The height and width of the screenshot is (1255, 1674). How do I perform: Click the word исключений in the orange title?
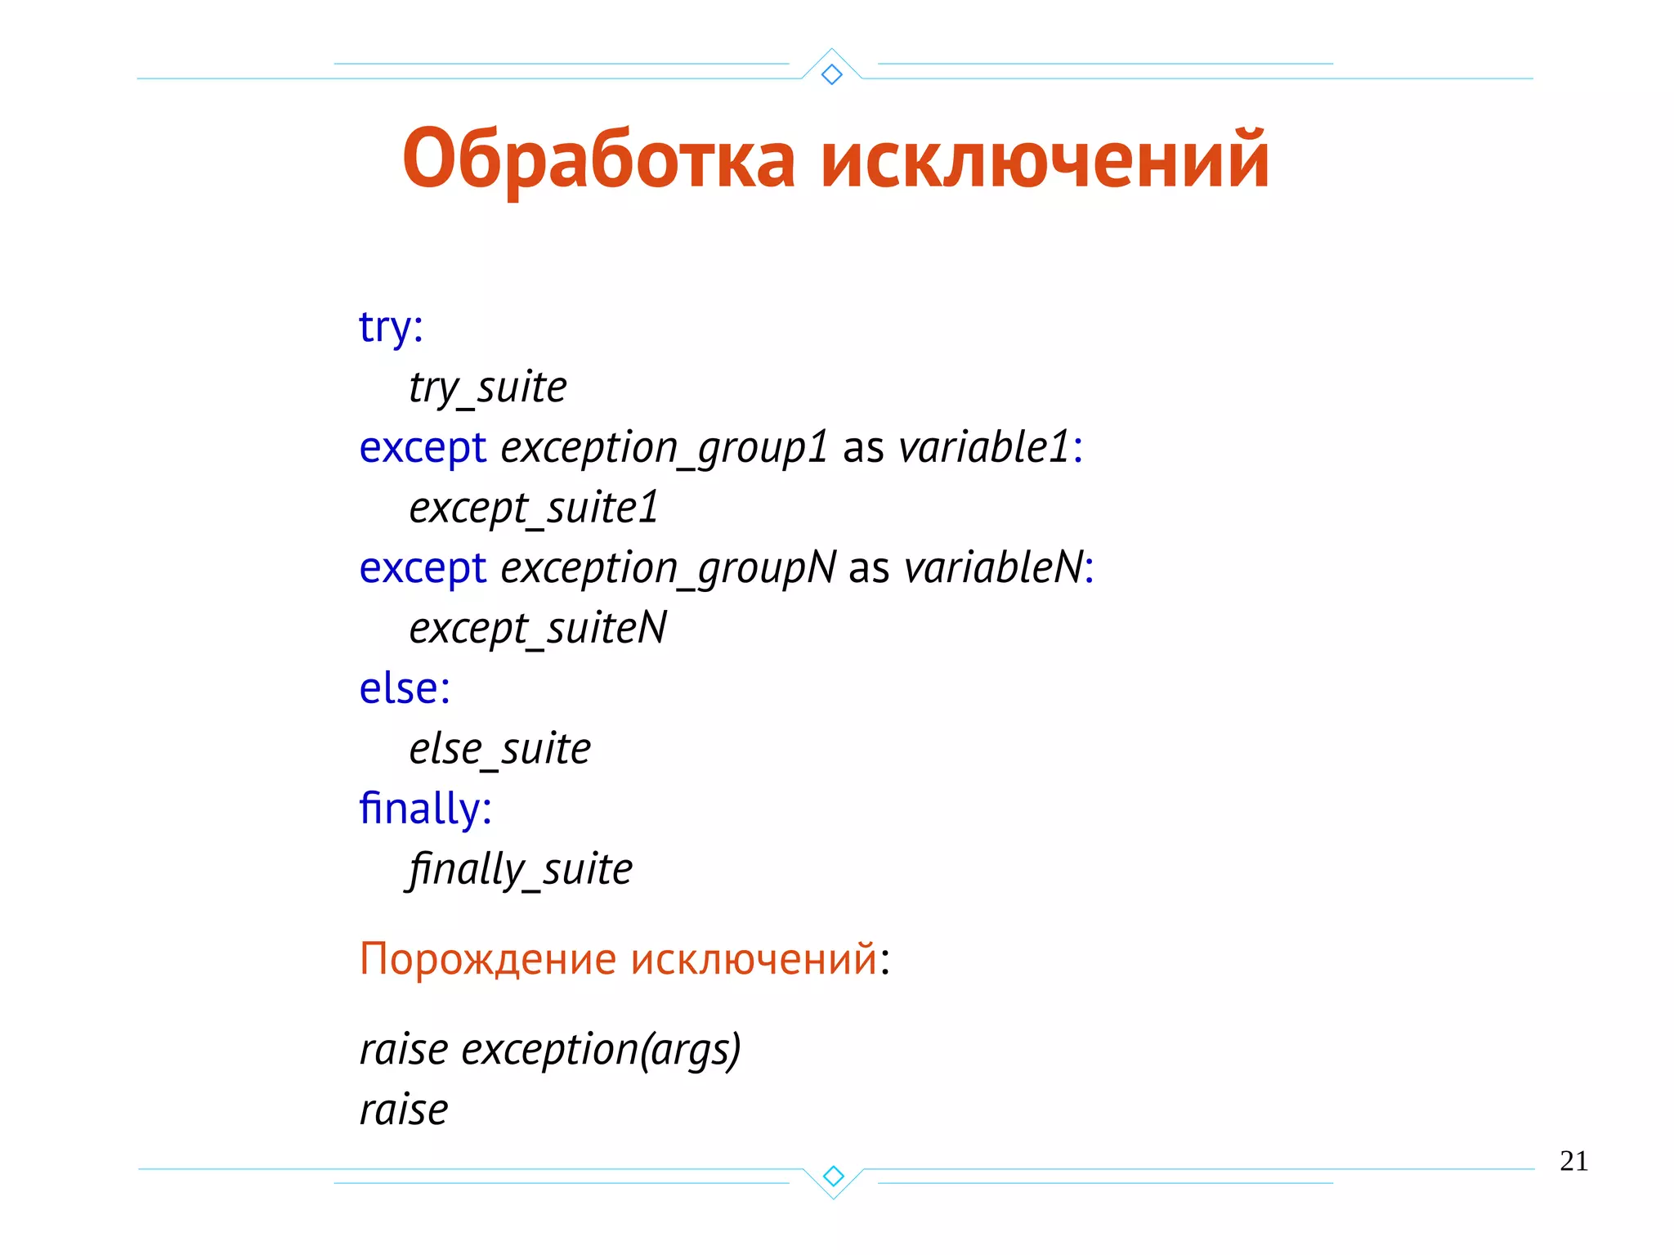[x=1044, y=159]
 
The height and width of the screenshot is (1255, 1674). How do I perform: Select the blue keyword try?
[x=391, y=327]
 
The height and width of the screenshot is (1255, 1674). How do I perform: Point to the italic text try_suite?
[x=487, y=388]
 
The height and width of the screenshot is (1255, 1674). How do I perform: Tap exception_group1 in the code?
[x=665, y=448]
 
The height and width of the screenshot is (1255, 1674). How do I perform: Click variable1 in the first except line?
[x=984, y=447]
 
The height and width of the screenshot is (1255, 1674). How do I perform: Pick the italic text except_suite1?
[x=533, y=509]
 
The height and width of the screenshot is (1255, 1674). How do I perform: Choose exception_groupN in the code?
[x=668, y=568]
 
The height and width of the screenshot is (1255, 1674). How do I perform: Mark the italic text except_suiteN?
[x=537, y=629]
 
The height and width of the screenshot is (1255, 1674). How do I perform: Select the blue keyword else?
[x=405, y=688]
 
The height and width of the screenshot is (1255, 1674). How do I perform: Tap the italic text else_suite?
[x=499, y=749]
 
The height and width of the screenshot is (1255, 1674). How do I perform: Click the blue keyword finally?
[x=425, y=809]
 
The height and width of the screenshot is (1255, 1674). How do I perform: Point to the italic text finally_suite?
[x=520, y=869]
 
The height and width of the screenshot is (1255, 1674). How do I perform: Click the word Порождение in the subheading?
[x=488, y=959]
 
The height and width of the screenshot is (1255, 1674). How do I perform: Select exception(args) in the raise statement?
[x=601, y=1050]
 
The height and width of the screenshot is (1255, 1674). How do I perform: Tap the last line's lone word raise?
[x=404, y=1110]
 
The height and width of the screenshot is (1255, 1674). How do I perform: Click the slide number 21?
[x=1573, y=1161]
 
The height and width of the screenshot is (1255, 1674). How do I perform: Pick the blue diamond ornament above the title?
[x=832, y=74]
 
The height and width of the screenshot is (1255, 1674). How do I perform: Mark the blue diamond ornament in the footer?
[x=833, y=1176]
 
